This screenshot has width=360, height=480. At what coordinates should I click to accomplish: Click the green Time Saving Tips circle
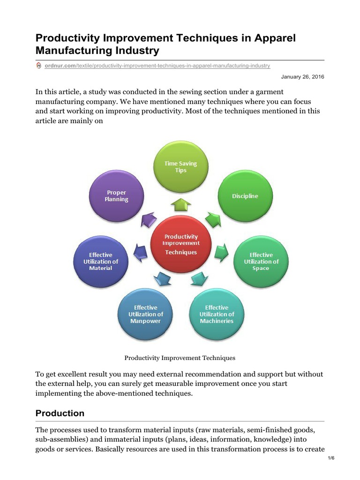coord(181,167)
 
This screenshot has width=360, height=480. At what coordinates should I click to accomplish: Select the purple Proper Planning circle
coord(116,196)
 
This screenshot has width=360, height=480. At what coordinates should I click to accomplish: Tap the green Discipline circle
coord(245,196)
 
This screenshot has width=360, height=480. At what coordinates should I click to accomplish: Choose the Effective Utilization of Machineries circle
coord(217,314)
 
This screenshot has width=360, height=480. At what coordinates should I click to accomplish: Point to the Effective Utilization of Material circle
coord(101,262)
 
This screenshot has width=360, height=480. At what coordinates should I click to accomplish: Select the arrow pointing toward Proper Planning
coord(150,219)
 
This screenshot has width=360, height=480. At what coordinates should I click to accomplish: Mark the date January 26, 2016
coord(302,76)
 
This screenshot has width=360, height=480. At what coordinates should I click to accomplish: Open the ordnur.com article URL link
coord(157,66)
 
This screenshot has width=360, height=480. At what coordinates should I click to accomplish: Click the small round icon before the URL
coord(39,66)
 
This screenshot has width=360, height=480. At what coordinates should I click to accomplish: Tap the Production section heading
coord(60,413)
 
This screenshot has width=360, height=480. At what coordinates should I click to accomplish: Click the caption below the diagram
coord(180,358)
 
